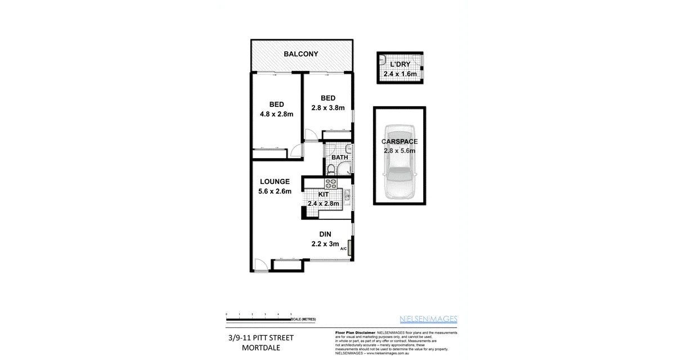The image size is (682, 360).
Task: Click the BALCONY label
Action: pyautogui.click(x=300, y=55)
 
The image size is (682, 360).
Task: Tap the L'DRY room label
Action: pyautogui.click(x=400, y=65)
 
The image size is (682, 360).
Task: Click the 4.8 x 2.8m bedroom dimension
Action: pyautogui.click(x=276, y=114)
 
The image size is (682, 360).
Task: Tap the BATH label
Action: pyautogui.click(x=339, y=157)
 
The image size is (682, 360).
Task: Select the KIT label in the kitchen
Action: pyautogui.click(x=324, y=194)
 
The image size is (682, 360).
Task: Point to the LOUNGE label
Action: pyautogui.click(x=275, y=182)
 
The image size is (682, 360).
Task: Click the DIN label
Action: pyautogui.click(x=325, y=235)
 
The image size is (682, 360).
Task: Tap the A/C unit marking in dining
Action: pyautogui.click(x=349, y=247)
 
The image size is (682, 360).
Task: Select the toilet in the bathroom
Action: pyautogui.click(x=332, y=168)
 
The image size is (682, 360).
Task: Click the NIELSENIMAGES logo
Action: pyautogui.click(x=428, y=319)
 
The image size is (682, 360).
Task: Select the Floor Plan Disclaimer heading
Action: pyautogui.click(x=355, y=333)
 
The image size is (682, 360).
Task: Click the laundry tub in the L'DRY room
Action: pyautogui.click(x=382, y=58)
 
